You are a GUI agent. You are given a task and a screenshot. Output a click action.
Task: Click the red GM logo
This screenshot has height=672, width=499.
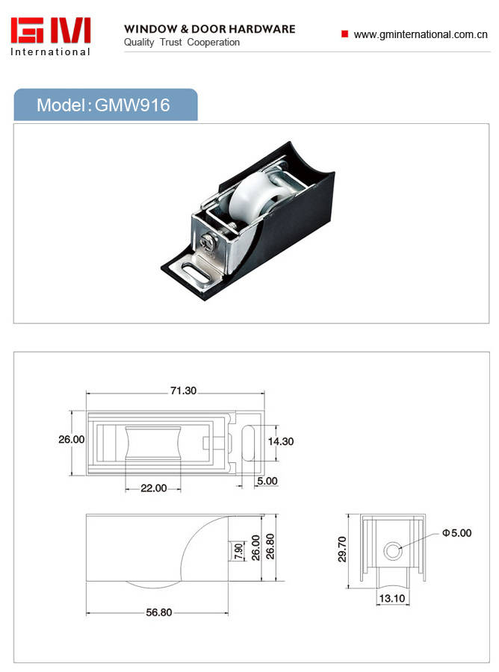pos(51,30)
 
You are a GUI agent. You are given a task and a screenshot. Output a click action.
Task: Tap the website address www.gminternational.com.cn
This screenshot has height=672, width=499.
pos(421,34)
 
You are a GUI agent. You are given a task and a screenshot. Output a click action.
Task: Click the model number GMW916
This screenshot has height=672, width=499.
pos(132,105)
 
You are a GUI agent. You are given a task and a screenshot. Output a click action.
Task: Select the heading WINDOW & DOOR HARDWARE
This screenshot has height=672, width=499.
pos(210,29)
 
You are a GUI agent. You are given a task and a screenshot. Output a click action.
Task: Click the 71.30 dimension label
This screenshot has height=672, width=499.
pos(183,391)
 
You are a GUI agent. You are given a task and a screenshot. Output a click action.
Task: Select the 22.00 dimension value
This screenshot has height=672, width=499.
pos(153,488)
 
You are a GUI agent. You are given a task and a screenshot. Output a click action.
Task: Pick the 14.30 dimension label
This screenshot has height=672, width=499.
pos(281,441)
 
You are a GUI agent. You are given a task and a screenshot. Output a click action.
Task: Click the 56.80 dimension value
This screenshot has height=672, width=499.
pos(158,612)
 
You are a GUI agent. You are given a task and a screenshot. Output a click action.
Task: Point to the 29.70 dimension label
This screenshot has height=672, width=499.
pos(341,549)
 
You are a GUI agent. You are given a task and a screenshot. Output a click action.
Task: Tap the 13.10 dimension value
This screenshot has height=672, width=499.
pos(392,598)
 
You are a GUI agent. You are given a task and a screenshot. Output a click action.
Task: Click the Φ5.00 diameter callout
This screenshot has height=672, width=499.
pos(457,533)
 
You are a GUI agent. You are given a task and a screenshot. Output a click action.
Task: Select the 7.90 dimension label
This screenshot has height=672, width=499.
pos(239,551)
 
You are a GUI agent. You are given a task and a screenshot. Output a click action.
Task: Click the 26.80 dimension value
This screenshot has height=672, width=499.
pos(270,547)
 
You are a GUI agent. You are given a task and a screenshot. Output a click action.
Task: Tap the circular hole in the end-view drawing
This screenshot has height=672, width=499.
pos(393,551)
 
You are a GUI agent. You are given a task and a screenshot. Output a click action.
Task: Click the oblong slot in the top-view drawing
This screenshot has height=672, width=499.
pos(249,443)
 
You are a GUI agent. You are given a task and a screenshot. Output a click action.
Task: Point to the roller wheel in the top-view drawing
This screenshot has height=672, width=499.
pos(153,443)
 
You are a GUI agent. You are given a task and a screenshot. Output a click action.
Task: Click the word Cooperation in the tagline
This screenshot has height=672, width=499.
pos(214,43)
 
